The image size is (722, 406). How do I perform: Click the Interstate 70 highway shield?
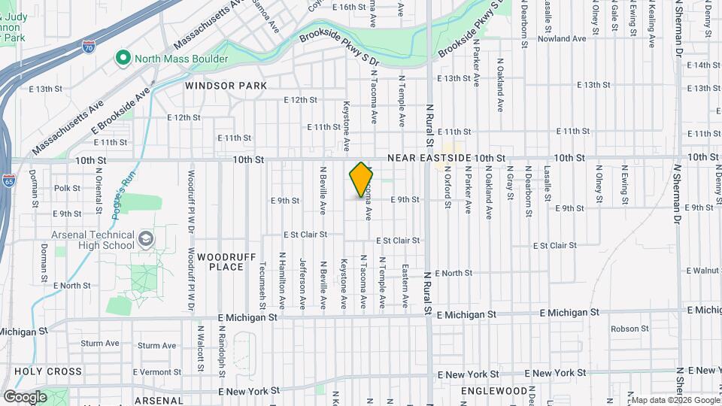coord(89,47)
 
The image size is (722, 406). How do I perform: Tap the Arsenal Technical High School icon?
coord(145,240)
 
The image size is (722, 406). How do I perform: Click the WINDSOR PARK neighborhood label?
coord(226,86)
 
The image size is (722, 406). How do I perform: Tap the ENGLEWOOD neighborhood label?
coord(493,391)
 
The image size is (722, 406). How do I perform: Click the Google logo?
coord(25,396)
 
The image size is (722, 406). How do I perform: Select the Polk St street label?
coord(68,188)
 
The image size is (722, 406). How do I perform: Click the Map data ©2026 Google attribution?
coord(674,399)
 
